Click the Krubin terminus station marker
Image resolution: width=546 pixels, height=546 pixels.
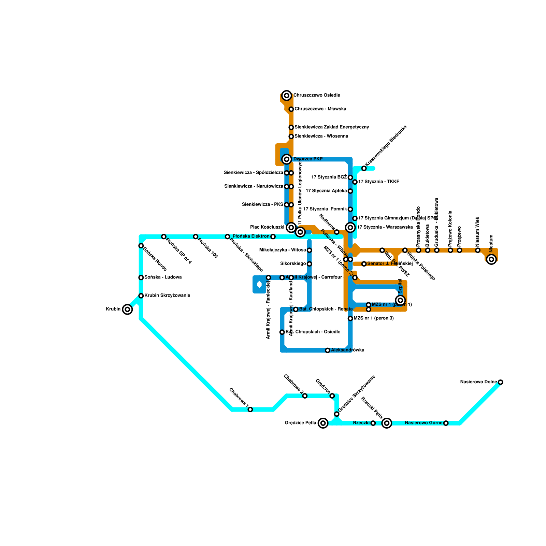(127, 310)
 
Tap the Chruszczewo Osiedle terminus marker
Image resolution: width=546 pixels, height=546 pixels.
(287, 96)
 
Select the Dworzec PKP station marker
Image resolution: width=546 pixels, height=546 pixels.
(287, 159)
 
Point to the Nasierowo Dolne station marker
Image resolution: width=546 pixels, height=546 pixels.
(500, 382)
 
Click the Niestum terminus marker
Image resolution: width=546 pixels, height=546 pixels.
(491, 259)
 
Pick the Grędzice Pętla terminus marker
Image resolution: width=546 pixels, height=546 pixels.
(323, 423)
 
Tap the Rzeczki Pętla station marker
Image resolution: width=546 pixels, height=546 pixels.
(387, 423)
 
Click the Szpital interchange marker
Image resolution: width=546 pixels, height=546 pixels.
(401, 300)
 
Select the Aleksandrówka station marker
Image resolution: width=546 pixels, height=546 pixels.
(328, 350)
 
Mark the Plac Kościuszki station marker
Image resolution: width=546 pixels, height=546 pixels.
(291, 227)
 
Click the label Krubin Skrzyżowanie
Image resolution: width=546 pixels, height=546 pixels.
(167, 296)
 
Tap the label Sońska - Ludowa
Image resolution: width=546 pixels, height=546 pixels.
(163, 277)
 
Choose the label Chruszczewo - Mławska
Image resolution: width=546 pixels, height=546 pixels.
(320, 109)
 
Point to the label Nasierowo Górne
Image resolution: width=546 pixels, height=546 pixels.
(423, 423)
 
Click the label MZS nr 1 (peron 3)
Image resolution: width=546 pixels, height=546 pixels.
(374, 318)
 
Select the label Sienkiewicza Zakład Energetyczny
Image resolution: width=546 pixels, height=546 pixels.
(331, 127)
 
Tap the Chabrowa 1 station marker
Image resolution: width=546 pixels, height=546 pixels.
(250, 409)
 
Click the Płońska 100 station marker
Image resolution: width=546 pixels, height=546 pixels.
(196, 236)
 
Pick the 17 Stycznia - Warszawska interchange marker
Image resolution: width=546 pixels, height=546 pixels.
(350, 227)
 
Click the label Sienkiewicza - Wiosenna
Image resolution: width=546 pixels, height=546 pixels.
(321, 136)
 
